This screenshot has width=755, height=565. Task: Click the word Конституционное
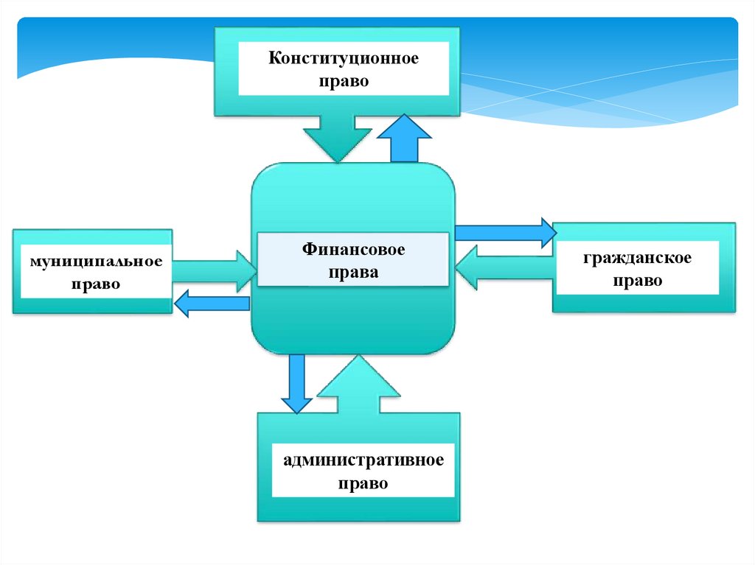(343, 58)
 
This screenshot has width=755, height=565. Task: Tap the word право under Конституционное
(343, 81)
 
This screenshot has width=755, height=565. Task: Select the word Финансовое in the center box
(352, 250)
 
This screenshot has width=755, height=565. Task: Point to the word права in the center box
(353, 273)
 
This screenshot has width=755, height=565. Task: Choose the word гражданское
(636, 259)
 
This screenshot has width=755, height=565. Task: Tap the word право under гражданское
(636, 281)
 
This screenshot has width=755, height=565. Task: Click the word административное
(363, 461)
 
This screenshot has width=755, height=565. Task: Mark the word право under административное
(363, 484)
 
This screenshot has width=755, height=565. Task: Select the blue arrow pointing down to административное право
(296, 383)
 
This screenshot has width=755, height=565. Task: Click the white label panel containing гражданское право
(636, 268)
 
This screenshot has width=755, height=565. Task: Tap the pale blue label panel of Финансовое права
(352, 259)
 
